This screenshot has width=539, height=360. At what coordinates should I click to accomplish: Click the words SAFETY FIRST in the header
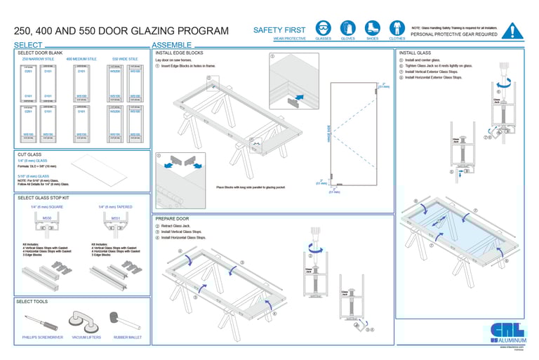pyautogui.click(x=279, y=30)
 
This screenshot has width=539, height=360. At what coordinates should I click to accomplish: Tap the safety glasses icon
pyautogui.click(x=323, y=28)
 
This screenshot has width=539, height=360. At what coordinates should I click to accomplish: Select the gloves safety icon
pyautogui.click(x=347, y=28)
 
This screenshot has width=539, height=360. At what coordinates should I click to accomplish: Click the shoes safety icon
pyautogui.click(x=372, y=28)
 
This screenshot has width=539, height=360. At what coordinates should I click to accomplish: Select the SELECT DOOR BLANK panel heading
pyautogui.click(x=40, y=53)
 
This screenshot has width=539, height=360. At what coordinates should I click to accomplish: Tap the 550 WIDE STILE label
pyautogui.click(x=125, y=60)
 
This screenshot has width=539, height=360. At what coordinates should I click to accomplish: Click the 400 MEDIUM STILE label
pyautogui.click(x=81, y=60)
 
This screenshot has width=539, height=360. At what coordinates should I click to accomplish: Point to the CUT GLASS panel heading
pyautogui.click(x=29, y=154)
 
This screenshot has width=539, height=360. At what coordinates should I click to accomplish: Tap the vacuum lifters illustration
pyautogui.click(x=86, y=324)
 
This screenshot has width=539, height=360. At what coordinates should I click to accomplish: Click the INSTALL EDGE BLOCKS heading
pyautogui.click(x=179, y=53)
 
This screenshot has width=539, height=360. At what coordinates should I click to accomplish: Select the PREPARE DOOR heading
pyautogui.click(x=172, y=219)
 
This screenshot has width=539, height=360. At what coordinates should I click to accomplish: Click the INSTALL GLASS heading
pyautogui.click(x=415, y=53)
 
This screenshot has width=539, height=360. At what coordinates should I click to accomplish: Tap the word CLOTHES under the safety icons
pyautogui.click(x=397, y=39)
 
